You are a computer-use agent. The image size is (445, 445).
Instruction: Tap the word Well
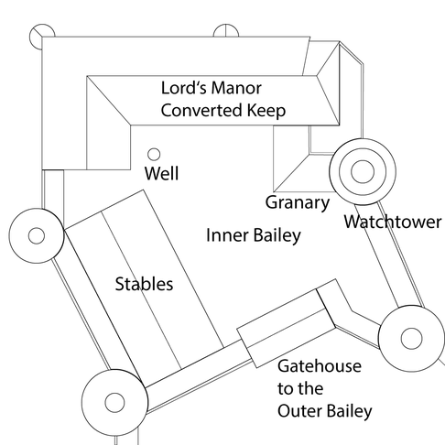coord(161,173)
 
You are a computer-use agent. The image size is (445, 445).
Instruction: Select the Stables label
coord(144,284)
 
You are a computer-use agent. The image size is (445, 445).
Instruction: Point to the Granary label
coord(298,203)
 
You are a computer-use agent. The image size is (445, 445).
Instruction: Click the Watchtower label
coord(393,222)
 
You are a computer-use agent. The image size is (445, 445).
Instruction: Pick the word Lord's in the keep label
coord(183,88)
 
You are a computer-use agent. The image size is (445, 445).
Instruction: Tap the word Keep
coord(266,111)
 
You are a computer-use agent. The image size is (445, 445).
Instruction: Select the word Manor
coord(236,88)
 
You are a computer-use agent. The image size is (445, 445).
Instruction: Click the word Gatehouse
coord(320,366)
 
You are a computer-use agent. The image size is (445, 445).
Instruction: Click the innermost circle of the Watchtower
coord(363,171)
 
